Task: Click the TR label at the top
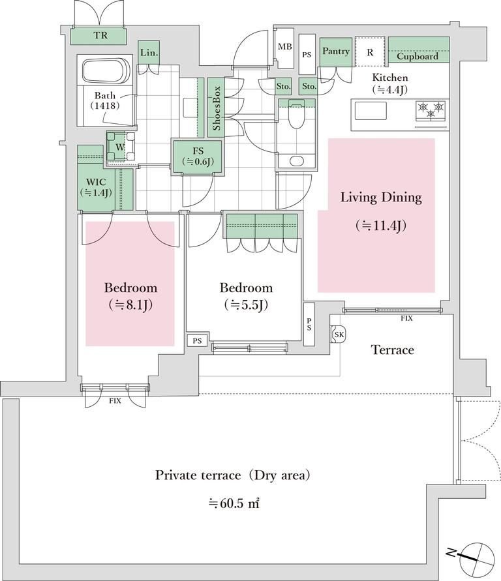pyautogui.click(x=100, y=36)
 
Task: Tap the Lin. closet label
pyautogui.click(x=149, y=53)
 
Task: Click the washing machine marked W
pyautogui.click(x=120, y=147)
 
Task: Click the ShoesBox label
pyautogui.click(x=217, y=108)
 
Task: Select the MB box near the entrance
pyautogui.click(x=284, y=47)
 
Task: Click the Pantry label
pyautogui.click(x=335, y=52)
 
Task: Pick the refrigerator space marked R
pyautogui.click(x=370, y=52)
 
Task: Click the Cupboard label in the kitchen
pyautogui.click(x=417, y=56)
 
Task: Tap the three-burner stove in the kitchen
pyautogui.click(x=431, y=108)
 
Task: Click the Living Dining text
pyautogui.click(x=382, y=197)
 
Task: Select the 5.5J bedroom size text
pyautogui.click(x=246, y=305)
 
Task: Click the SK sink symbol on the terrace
pyautogui.click(x=339, y=334)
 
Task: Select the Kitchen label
pyautogui.click(x=390, y=78)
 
